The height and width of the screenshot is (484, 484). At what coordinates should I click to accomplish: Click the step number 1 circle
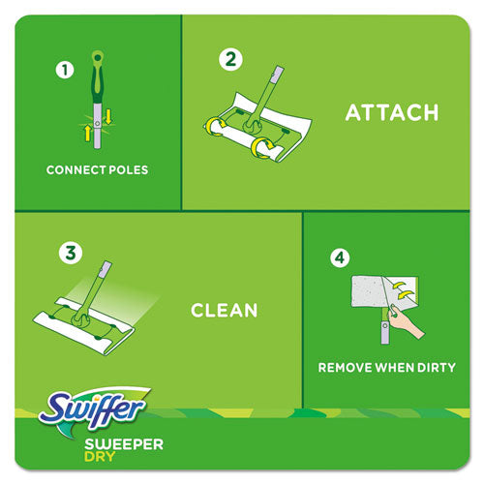click(x=65, y=70)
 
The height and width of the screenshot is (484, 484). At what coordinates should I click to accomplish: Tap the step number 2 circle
click(x=229, y=59)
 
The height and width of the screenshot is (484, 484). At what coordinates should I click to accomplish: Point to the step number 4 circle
click(x=338, y=258)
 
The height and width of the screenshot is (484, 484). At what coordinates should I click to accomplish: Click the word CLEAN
click(x=224, y=311)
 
